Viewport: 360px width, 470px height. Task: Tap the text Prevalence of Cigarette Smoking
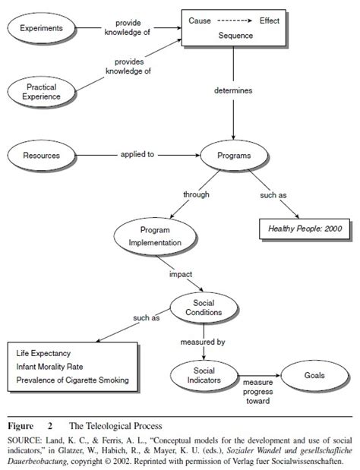(73, 380)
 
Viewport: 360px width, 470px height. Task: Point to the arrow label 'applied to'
(137, 154)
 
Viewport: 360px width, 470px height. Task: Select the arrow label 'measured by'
(202, 342)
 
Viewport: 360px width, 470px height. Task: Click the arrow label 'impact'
(180, 274)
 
